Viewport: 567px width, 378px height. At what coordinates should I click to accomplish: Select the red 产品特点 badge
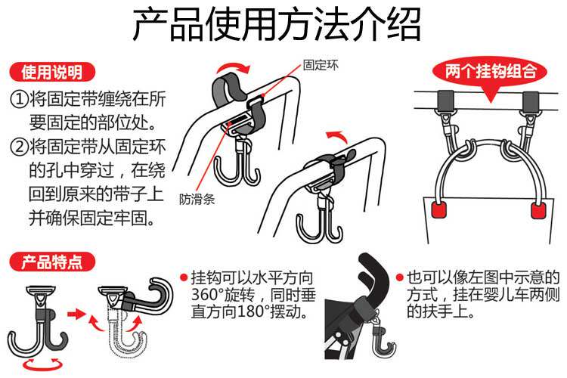click(46, 262)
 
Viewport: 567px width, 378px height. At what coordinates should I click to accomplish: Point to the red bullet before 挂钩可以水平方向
click(184, 277)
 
